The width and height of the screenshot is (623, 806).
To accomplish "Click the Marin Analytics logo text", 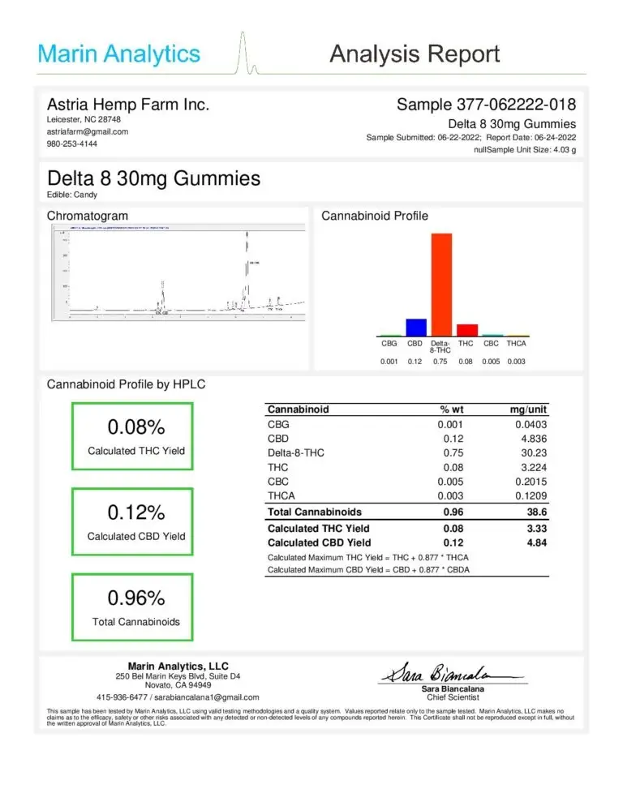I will coord(118,54).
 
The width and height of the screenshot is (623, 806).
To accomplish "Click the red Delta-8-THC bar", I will coord(441,284).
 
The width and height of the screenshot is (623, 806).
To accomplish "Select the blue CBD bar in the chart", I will coord(416,327).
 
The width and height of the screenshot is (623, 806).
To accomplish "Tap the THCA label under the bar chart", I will coord(517,343).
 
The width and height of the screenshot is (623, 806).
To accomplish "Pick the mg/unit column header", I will coord(530,409).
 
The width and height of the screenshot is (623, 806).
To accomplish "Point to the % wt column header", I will coord(450,409).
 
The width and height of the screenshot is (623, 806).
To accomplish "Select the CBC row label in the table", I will coord(278,482).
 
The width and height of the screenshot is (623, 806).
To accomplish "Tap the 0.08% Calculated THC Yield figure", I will coord(135,427).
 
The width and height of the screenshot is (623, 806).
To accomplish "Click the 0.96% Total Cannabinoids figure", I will coord(135,598).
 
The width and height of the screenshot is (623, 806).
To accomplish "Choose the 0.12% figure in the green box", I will coord(135,512).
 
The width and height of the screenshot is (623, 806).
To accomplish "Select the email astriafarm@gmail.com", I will coord(88,131).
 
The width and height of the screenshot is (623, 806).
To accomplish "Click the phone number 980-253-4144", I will coord(72,144).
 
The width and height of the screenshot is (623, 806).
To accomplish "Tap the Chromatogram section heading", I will coord(87,216).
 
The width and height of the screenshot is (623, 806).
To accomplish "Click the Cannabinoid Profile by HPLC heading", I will coord(126,384).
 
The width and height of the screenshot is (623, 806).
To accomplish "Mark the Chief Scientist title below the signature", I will coord(453,697).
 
